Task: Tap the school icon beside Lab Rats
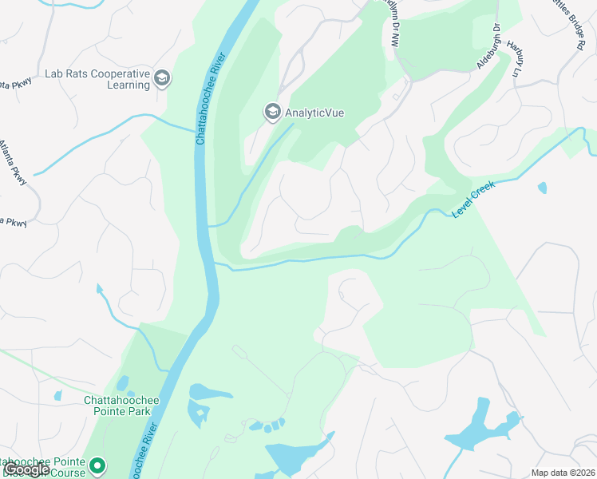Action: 163,77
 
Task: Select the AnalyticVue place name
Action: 314,113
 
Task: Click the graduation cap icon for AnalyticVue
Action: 272,113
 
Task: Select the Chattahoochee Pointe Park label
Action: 122,406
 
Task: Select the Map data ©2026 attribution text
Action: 563,473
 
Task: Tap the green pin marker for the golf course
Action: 97,464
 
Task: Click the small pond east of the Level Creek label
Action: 543,188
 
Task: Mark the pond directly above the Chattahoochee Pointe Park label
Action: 122,384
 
